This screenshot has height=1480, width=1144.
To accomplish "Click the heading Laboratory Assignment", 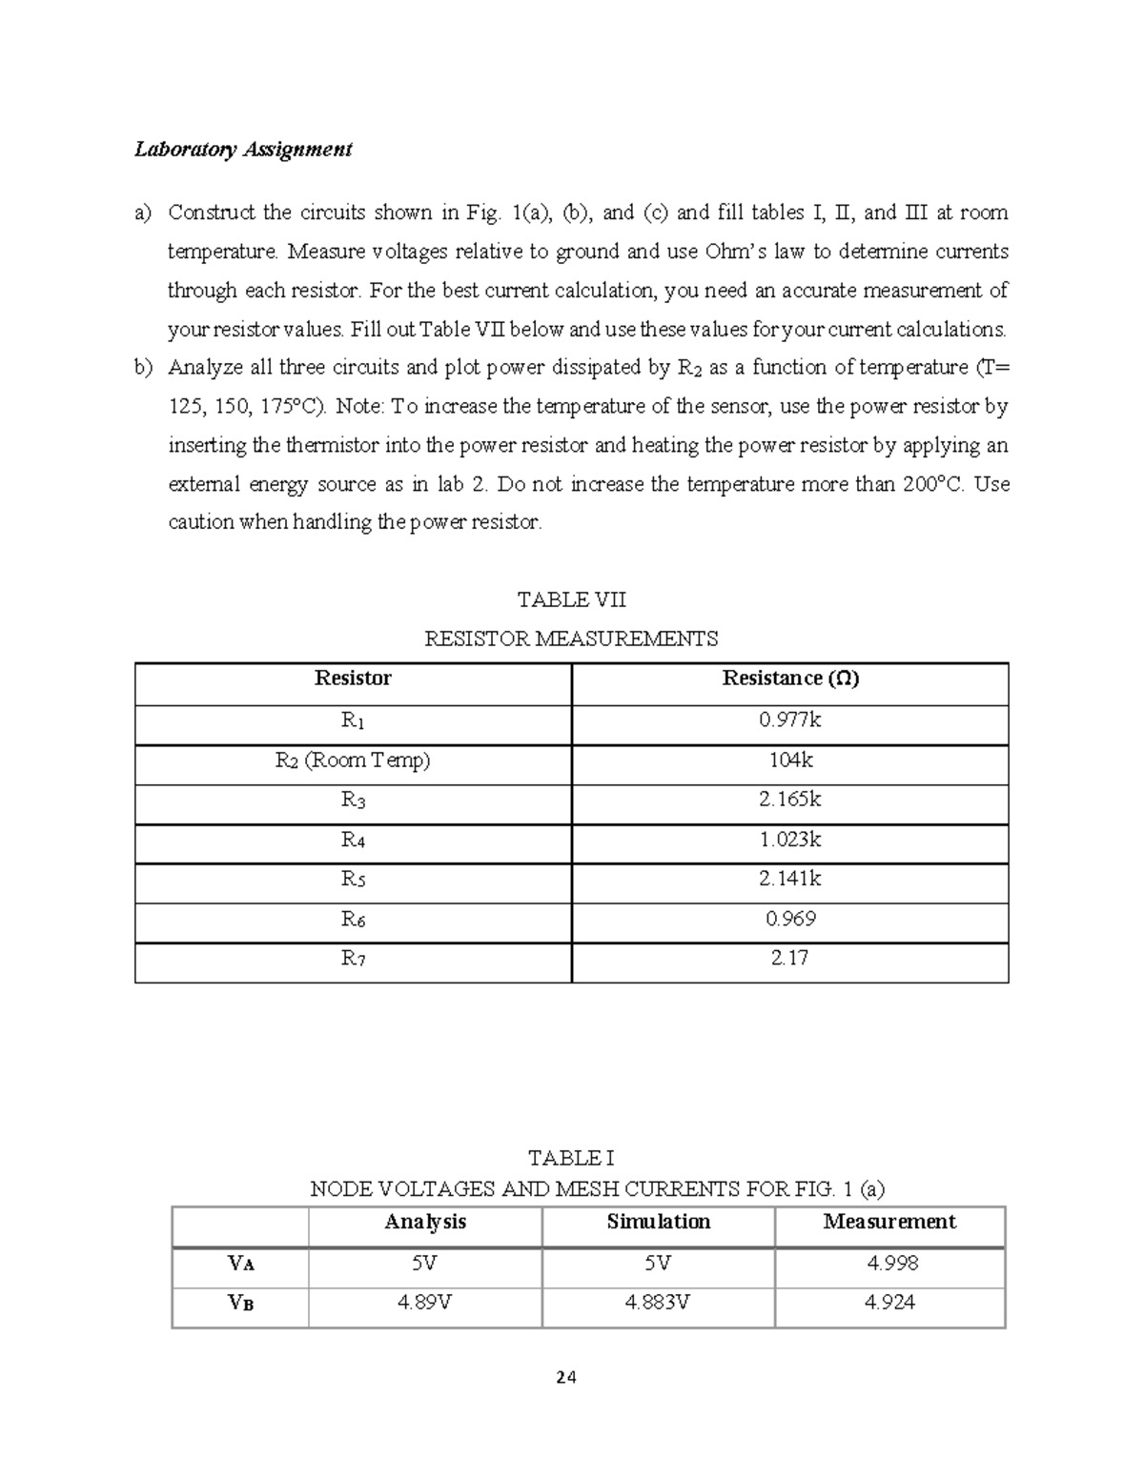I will (243, 149).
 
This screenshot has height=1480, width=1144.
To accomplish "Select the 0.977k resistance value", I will (789, 720).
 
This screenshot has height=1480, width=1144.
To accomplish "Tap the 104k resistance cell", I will (789, 760).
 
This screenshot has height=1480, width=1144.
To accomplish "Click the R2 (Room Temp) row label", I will (353, 760).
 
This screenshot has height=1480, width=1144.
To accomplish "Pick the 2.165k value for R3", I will (789, 800).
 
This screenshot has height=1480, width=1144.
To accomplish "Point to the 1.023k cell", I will (789, 840).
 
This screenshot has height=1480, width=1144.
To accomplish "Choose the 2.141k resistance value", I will (789, 879).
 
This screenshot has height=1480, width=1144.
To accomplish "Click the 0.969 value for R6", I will (789, 919).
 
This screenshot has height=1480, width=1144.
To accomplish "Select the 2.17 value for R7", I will (789, 958).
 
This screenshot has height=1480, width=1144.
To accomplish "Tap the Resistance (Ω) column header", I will (789, 679).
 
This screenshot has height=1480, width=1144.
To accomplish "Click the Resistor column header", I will (353, 679).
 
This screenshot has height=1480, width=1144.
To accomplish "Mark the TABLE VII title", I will (571, 599).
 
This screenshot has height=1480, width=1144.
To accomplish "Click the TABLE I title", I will (571, 1158).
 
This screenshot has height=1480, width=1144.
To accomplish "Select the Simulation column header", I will (658, 1222).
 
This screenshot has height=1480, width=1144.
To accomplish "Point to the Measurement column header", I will (889, 1222).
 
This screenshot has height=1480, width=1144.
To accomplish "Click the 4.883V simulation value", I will (658, 1303).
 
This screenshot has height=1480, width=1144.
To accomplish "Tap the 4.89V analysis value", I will (424, 1303).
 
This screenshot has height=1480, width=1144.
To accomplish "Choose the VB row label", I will (240, 1304).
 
